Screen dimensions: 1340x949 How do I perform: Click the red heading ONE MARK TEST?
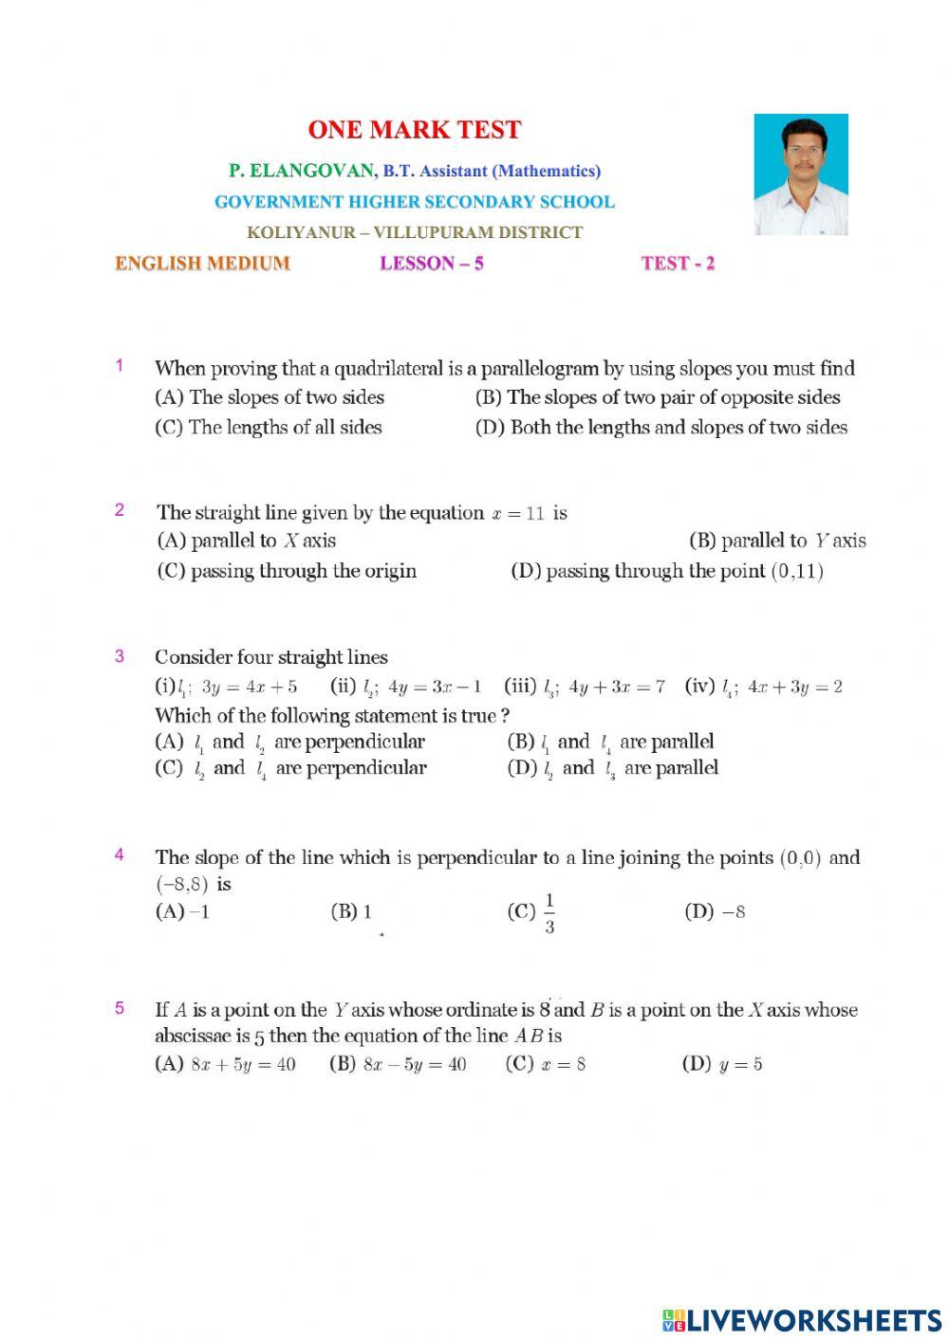tap(415, 130)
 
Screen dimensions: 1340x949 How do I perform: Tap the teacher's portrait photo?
tap(800, 174)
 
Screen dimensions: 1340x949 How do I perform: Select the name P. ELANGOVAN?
tap(302, 171)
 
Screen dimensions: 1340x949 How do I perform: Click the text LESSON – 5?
tap(432, 264)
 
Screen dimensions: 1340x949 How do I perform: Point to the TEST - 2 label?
tap(678, 264)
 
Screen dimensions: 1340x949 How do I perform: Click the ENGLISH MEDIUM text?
tap(202, 264)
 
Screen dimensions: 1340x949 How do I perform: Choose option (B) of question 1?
tap(658, 397)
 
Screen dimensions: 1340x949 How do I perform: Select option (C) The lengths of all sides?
tap(269, 428)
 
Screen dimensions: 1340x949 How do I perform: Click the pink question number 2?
tap(120, 510)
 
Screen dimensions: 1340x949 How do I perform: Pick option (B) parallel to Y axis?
tap(777, 542)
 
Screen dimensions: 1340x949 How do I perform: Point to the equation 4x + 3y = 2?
tap(794, 687)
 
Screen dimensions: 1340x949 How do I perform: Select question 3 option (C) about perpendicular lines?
tap(290, 769)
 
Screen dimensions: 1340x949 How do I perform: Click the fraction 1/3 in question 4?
tap(549, 913)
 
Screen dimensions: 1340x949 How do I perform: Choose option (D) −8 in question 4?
tap(715, 912)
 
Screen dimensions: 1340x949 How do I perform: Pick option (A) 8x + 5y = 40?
tap(226, 1064)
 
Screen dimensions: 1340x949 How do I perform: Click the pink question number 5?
tap(120, 1008)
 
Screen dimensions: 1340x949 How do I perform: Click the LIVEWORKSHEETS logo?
tap(801, 1319)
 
